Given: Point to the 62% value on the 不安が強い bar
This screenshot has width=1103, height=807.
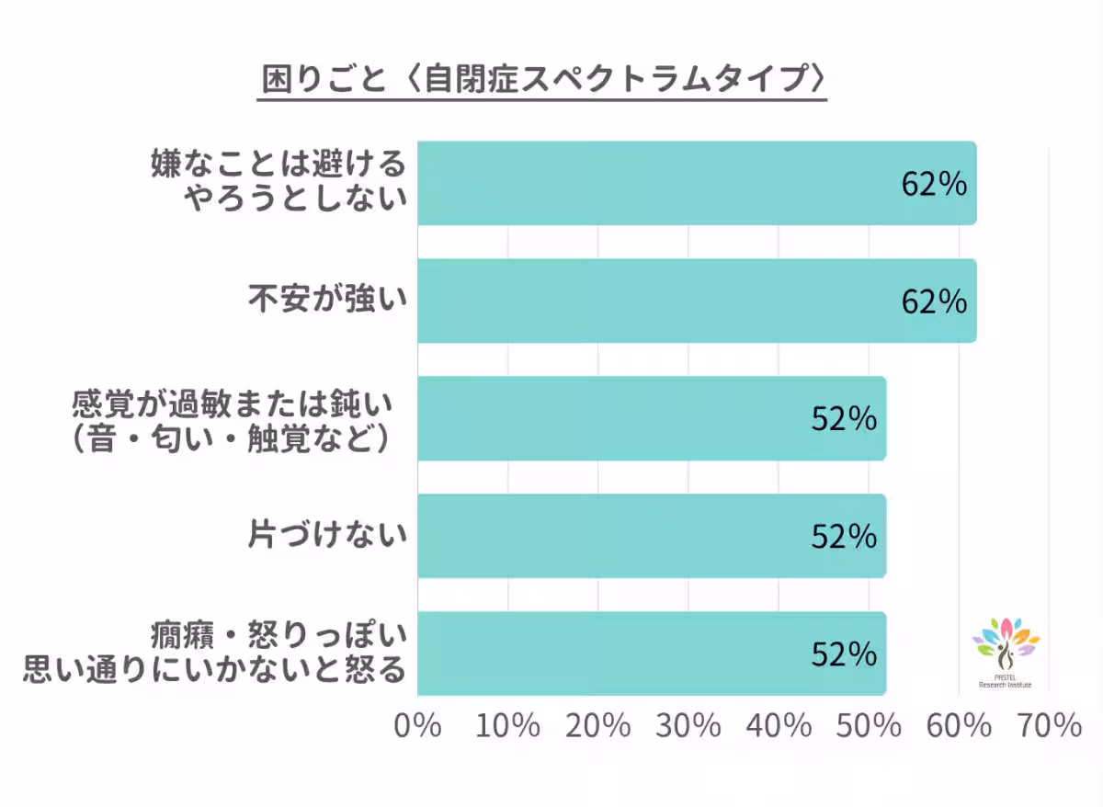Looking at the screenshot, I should (x=934, y=301).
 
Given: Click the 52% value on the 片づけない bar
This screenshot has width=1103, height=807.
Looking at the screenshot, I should (x=844, y=537).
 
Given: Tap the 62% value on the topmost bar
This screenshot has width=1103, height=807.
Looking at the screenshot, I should (x=934, y=184).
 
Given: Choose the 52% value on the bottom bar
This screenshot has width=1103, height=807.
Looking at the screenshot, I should (x=844, y=654).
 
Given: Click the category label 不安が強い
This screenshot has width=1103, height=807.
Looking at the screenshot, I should (x=326, y=301).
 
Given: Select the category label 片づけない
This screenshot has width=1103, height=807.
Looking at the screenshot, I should (x=326, y=536).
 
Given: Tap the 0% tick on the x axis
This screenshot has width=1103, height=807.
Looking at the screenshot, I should (x=417, y=726).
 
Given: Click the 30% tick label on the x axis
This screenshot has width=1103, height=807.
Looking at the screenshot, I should (x=688, y=726).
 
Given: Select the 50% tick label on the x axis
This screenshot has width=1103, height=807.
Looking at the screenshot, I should (x=869, y=726).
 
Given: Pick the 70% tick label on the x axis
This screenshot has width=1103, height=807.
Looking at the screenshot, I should (x=1050, y=726).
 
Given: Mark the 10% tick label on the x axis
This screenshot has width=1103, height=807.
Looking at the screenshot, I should (x=507, y=726).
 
